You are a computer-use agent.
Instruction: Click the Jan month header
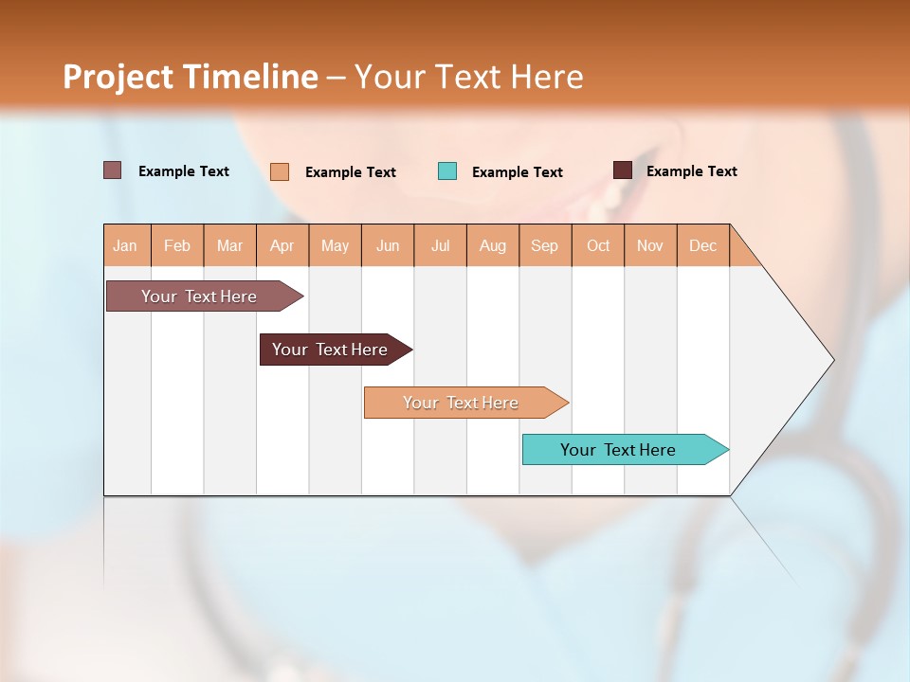pos(126,245)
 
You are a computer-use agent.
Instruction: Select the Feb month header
pos(177,245)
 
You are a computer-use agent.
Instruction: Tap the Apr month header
pos(282,245)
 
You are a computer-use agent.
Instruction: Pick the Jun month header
pos(388,245)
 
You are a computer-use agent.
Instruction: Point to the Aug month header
pos(493,245)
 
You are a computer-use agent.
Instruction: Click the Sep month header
pos(545,245)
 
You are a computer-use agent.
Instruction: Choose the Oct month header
pos(598,245)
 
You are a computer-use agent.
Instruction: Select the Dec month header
pos(703,245)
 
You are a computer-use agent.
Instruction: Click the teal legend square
pos(447,171)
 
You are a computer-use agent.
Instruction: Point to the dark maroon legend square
pos(622,170)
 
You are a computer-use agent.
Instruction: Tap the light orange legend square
pos(280,171)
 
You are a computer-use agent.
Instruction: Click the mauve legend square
pos(113,170)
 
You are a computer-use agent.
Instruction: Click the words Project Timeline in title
pos(191,77)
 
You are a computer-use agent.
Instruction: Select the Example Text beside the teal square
pos(518,172)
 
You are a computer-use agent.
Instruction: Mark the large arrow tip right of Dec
pos(787,360)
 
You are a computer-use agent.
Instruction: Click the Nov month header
pos(650,245)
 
